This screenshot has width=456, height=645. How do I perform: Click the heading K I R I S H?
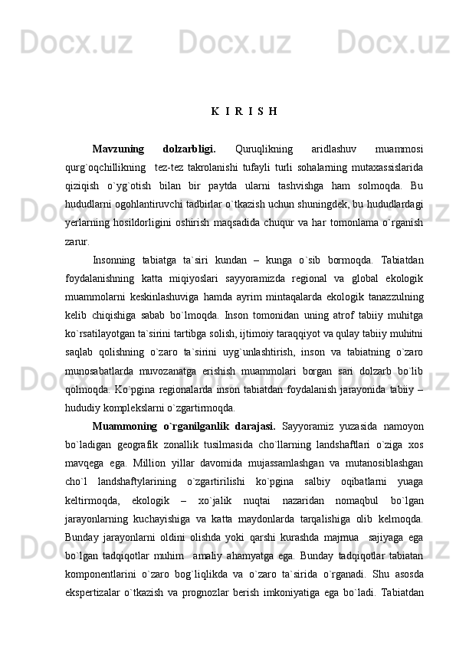[243, 110]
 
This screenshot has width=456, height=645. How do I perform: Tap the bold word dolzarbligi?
[189, 148]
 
